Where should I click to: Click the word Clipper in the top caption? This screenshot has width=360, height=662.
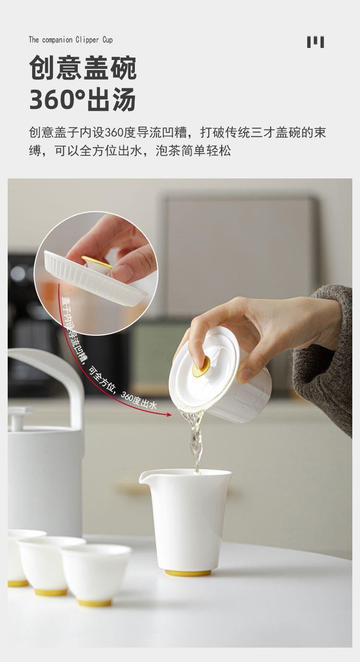(87, 40)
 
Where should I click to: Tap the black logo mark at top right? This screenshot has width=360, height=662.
(315, 42)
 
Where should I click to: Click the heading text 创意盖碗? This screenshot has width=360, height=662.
(83, 68)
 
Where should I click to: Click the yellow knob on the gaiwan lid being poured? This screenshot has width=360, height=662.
(202, 367)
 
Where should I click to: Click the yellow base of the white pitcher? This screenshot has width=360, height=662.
(188, 573)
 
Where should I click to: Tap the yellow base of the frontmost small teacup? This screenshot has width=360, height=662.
(95, 603)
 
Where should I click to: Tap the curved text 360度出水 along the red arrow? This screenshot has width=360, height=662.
(139, 401)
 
